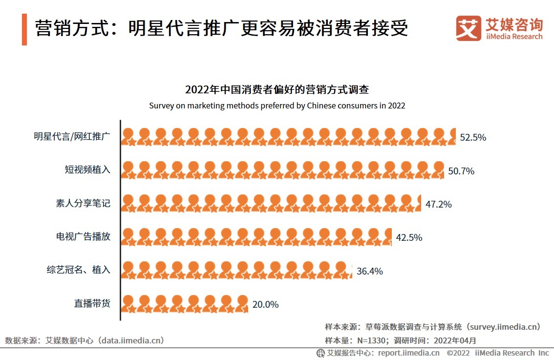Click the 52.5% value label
(x=473, y=138)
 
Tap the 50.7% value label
(x=461, y=171)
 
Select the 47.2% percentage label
(x=438, y=204)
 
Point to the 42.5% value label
(x=409, y=237)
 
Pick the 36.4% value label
(x=369, y=271)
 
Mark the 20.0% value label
(x=265, y=304)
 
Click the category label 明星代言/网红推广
(x=72, y=137)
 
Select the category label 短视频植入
(x=88, y=170)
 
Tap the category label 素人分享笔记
(x=83, y=203)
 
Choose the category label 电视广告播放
(x=83, y=236)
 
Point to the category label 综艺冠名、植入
(x=78, y=270)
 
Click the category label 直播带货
(x=92, y=303)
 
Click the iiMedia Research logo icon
(x=468, y=29)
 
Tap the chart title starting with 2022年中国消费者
(x=277, y=90)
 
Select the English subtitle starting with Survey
(x=277, y=106)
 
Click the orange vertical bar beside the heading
(x=24, y=29)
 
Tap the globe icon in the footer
(x=320, y=353)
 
